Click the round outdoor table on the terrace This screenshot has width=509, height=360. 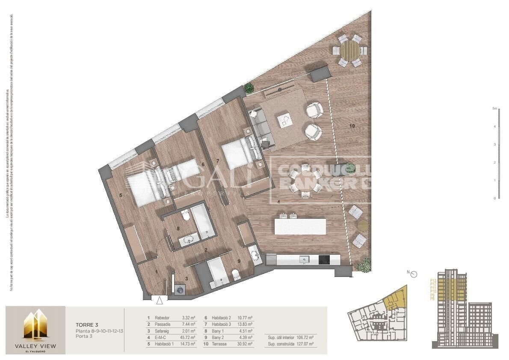point(350,51)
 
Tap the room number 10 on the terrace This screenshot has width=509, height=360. point(352,126)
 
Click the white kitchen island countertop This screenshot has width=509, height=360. point(300,226)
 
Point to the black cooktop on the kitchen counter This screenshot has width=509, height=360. point(324,259)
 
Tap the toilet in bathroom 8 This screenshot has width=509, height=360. point(185,217)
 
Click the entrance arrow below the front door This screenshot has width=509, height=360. point(160,301)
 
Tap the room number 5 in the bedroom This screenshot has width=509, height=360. point(121,195)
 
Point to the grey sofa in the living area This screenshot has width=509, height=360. point(259,126)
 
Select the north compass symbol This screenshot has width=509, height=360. point(413,274)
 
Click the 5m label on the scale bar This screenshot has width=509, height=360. point(494,109)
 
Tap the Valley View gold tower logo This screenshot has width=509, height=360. point(36,325)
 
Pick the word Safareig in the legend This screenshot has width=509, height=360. point(163,331)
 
